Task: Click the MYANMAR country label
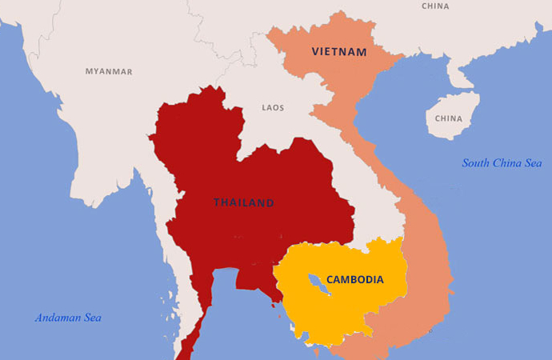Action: (109, 71)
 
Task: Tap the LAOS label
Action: (273, 107)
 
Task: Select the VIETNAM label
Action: (339, 52)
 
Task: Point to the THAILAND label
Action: (243, 202)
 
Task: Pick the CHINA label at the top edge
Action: (435, 6)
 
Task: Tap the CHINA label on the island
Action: (449, 118)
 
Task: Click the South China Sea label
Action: (502, 163)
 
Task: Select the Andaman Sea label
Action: (68, 318)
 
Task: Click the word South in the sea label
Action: (477, 163)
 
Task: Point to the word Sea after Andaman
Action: (91, 318)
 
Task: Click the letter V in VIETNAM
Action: (316, 52)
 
